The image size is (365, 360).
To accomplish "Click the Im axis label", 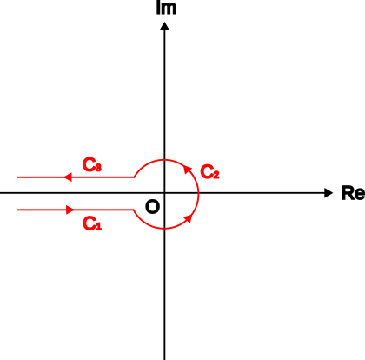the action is coord(166,8).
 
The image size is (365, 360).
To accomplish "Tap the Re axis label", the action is coord(353,193).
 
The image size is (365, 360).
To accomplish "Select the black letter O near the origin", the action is coord(152,207).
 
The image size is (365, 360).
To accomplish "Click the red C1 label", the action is coord(92,223).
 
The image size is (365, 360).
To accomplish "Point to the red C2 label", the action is coord(209,171).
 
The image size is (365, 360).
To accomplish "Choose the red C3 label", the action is coord(92,165).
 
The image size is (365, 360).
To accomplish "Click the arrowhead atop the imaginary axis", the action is coord(164,26).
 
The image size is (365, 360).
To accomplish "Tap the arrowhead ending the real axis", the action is coord(328,193).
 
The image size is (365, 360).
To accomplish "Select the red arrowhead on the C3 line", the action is coord(68,177).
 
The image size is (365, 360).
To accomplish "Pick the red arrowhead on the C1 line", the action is coord(70,210).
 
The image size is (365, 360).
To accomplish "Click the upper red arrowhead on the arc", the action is coord(188,170).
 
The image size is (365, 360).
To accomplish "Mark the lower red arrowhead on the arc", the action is coord(189,218).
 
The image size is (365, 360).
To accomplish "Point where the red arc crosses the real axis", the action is coord(198,193).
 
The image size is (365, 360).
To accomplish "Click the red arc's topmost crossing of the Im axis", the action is coord(164,159).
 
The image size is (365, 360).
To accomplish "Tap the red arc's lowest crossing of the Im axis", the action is coord(164,229).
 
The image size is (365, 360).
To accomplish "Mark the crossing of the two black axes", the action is coord(164,193).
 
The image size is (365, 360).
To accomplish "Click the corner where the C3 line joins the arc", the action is coord(134,177).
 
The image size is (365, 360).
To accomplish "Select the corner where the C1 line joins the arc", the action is coord(134,210).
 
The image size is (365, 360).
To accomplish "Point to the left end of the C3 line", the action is coord(17,177).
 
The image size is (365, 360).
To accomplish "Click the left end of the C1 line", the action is coord(17,210).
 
